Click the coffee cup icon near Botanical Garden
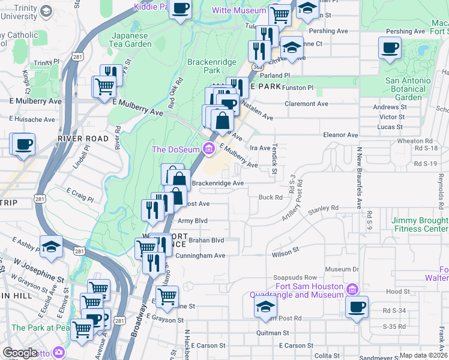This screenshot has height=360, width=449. coord(390,47)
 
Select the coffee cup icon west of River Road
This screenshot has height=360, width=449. coord(23,144)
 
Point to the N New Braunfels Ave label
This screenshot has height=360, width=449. coord(360,178)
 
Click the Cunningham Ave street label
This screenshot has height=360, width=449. coord(200,256)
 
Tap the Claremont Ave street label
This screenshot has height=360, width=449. coord(306,104)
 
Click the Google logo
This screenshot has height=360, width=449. coord(20,353)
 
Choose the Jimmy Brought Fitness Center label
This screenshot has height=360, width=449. coord(420,224)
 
